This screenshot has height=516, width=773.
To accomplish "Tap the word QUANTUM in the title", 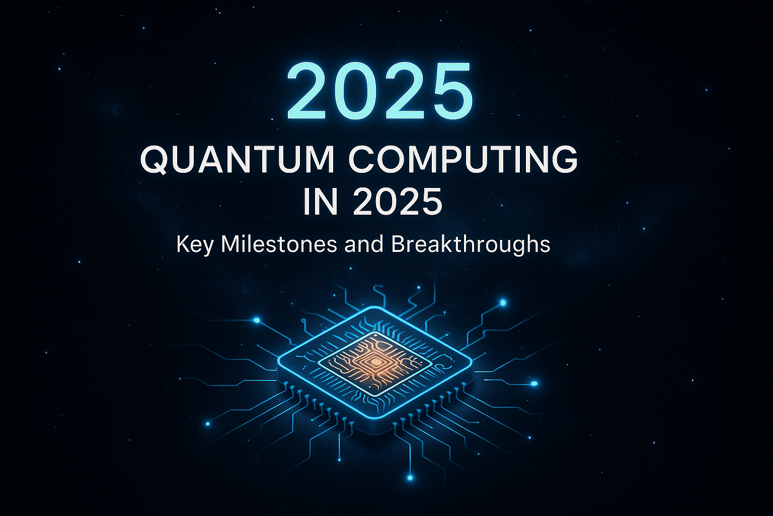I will pyautogui.click(x=237, y=160).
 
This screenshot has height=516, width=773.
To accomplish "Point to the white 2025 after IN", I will pyautogui.click(x=398, y=202).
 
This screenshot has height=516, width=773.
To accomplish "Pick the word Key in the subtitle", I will pyautogui.click(x=195, y=245).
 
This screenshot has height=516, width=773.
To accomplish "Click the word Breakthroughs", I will pyautogui.click(x=470, y=245).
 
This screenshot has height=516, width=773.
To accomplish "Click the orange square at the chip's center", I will pyautogui.click(x=375, y=360).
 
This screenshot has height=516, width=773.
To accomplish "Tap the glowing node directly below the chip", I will pyautogui.click(x=410, y=477).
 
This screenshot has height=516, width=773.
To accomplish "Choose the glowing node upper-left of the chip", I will pyautogui.click(x=257, y=320).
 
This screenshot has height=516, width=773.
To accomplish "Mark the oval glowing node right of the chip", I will pyautogui.click(x=534, y=383).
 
